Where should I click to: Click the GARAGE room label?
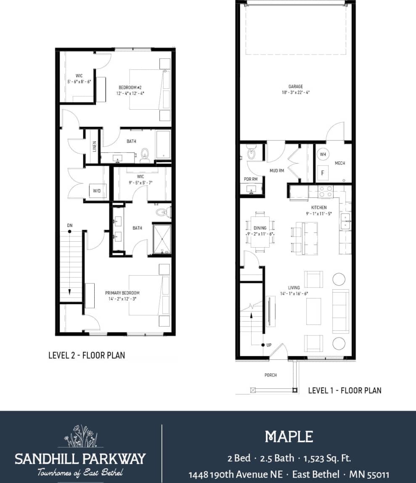[x=295, y=87]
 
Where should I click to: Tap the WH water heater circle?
[x=323, y=154]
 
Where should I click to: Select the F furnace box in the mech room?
[x=323, y=173]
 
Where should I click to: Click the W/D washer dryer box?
[x=97, y=191]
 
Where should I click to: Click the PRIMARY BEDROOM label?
[x=122, y=293]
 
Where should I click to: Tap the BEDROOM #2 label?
[x=130, y=87]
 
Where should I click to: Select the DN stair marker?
[x=70, y=226]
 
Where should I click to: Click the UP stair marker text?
[x=269, y=345]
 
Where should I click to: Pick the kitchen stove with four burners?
[x=325, y=192]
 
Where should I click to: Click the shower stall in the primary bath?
[x=162, y=239]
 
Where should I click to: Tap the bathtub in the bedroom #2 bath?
[x=163, y=144]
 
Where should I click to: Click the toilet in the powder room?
[x=251, y=153]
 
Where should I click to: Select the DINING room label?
[x=260, y=228]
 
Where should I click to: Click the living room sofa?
[x=340, y=311]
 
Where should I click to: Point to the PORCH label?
[x=270, y=375]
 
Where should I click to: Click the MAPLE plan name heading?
[x=289, y=437]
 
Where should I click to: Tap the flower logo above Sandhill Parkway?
[x=80, y=436]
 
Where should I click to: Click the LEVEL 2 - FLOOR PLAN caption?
[x=87, y=355]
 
